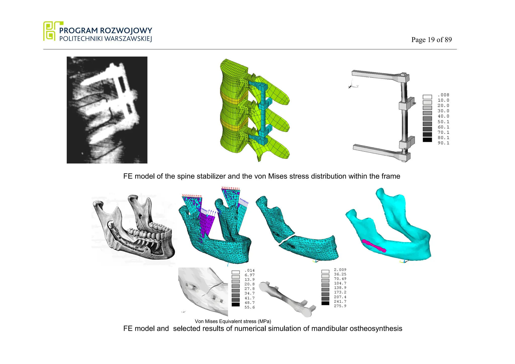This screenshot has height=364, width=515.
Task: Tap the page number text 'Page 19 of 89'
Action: pyautogui.click(x=431, y=40)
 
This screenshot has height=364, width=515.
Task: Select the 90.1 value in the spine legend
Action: pyautogui.click(x=443, y=143)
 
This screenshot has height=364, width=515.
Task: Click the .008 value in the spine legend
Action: pyautogui.click(x=443, y=95)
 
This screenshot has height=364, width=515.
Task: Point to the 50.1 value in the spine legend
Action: pyautogui.click(x=443, y=122)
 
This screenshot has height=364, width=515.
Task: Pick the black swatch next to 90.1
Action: pyautogui.click(x=427, y=140)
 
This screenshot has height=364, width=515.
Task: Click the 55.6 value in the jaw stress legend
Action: pyautogui.click(x=249, y=307)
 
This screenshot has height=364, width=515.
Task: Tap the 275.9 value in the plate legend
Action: pyautogui.click(x=340, y=306)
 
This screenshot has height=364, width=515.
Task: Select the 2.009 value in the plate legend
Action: pyautogui.click(x=340, y=270)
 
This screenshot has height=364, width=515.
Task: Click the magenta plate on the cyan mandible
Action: pyautogui.click(x=374, y=246)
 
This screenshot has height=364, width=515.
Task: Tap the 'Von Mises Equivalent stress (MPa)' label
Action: pyautogui.click(x=233, y=321)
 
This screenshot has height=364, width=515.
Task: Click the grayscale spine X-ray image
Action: pyautogui.click(x=107, y=110)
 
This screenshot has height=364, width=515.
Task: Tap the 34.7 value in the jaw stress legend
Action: pyautogui.click(x=249, y=293)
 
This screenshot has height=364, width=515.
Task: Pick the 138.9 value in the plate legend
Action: pyautogui.click(x=340, y=288)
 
